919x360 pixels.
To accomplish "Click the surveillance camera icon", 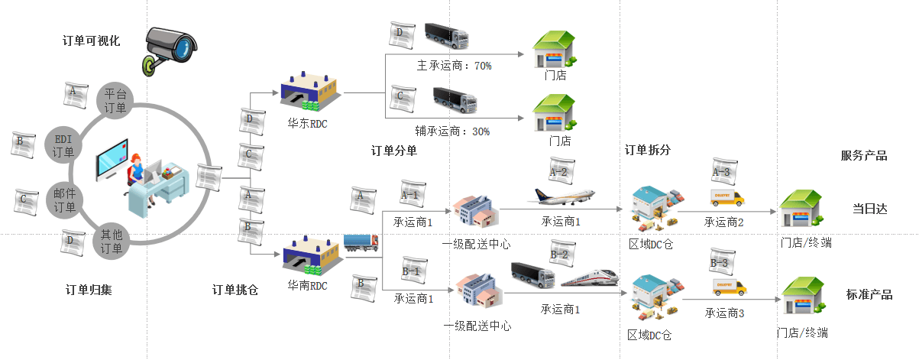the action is [x=170, y=51].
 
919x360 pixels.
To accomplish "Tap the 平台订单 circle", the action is [x=115, y=101].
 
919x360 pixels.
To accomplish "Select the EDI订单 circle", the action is [x=63, y=145].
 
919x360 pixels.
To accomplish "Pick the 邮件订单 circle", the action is [x=64, y=200].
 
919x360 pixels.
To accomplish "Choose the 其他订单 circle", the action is [x=112, y=241].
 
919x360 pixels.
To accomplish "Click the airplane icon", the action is [x=561, y=196].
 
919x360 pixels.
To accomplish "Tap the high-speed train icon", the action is [x=590, y=278].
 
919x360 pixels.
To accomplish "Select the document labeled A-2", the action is [x=561, y=170].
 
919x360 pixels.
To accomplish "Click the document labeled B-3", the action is [x=722, y=261].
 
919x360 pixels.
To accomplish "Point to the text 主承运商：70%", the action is [x=455, y=66].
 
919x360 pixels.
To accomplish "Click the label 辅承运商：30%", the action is [x=452, y=131].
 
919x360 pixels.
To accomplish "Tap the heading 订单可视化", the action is [x=91, y=41].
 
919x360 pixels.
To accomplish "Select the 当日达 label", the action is [x=870, y=209].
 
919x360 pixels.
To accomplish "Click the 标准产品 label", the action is [x=869, y=294].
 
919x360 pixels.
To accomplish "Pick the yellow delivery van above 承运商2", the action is [x=727, y=197].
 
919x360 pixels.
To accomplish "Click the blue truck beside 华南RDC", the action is [x=361, y=242].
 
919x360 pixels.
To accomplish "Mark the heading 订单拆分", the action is [x=647, y=150].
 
